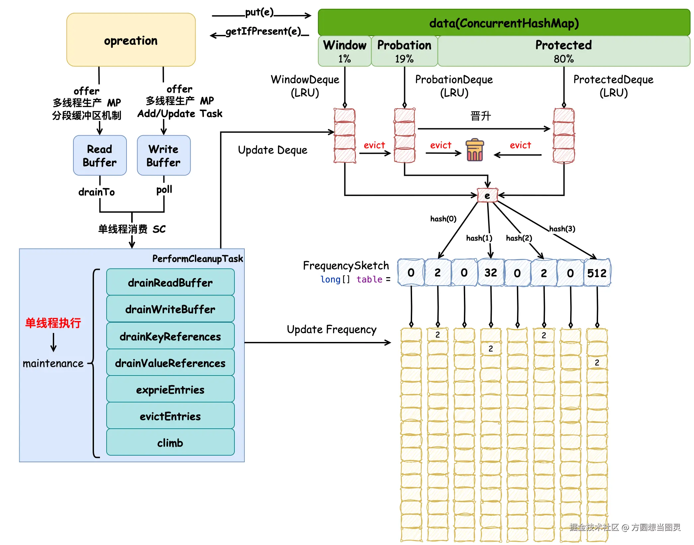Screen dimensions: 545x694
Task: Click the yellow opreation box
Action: point(131,40)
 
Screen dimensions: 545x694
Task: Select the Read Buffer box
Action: point(100,155)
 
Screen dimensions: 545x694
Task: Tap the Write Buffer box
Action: point(164,155)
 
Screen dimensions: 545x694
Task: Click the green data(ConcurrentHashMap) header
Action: point(504,23)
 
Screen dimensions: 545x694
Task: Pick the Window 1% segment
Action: point(345,51)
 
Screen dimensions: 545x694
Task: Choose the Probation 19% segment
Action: point(404,51)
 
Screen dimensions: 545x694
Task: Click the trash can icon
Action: point(475,150)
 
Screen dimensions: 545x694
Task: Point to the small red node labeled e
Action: point(487,195)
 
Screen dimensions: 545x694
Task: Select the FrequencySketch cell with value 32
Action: point(490,273)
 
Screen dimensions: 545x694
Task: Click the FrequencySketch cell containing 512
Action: point(597,273)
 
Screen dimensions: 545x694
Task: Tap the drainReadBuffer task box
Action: point(170,282)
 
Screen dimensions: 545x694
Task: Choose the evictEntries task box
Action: point(170,416)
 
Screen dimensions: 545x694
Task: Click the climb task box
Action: point(170,443)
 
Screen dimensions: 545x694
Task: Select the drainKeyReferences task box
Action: point(170,336)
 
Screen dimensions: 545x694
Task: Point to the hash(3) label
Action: point(562,229)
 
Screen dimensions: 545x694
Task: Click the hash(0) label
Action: point(443,219)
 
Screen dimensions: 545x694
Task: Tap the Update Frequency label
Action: point(331,329)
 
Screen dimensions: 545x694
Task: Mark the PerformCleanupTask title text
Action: point(198,259)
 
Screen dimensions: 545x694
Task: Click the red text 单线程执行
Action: point(53,323)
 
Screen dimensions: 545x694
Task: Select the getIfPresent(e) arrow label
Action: point(263,31)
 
